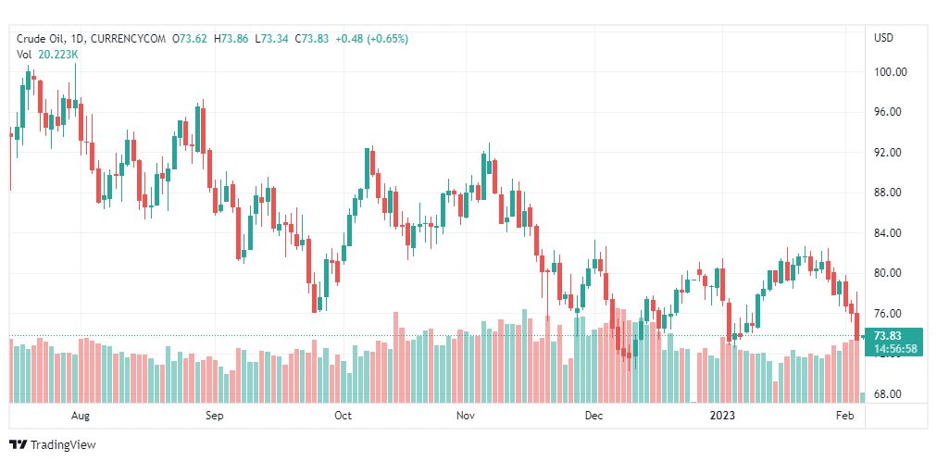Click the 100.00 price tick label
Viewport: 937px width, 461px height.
coord(890,72)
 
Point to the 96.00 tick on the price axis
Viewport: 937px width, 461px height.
coord(890,112)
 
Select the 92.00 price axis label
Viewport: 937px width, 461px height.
coord(890,153)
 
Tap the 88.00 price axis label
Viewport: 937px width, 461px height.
coord(890,193)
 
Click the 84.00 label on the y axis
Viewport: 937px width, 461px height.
coord(890,233)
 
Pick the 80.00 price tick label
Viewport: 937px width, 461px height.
coord(890,273)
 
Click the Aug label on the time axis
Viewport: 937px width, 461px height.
coord(81,416)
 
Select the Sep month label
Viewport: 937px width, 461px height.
coord(215,416)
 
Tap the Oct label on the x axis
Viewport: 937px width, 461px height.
coord(343,416)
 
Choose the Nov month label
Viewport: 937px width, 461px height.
coord(467,416)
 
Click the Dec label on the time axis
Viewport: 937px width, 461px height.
coord(593,416)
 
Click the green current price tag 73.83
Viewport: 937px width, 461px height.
coord(887,336)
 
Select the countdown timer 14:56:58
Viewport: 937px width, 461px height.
coord(894,349)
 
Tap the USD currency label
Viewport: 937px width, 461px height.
coord(883,38)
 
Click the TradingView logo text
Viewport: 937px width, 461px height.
coord(62,445)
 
